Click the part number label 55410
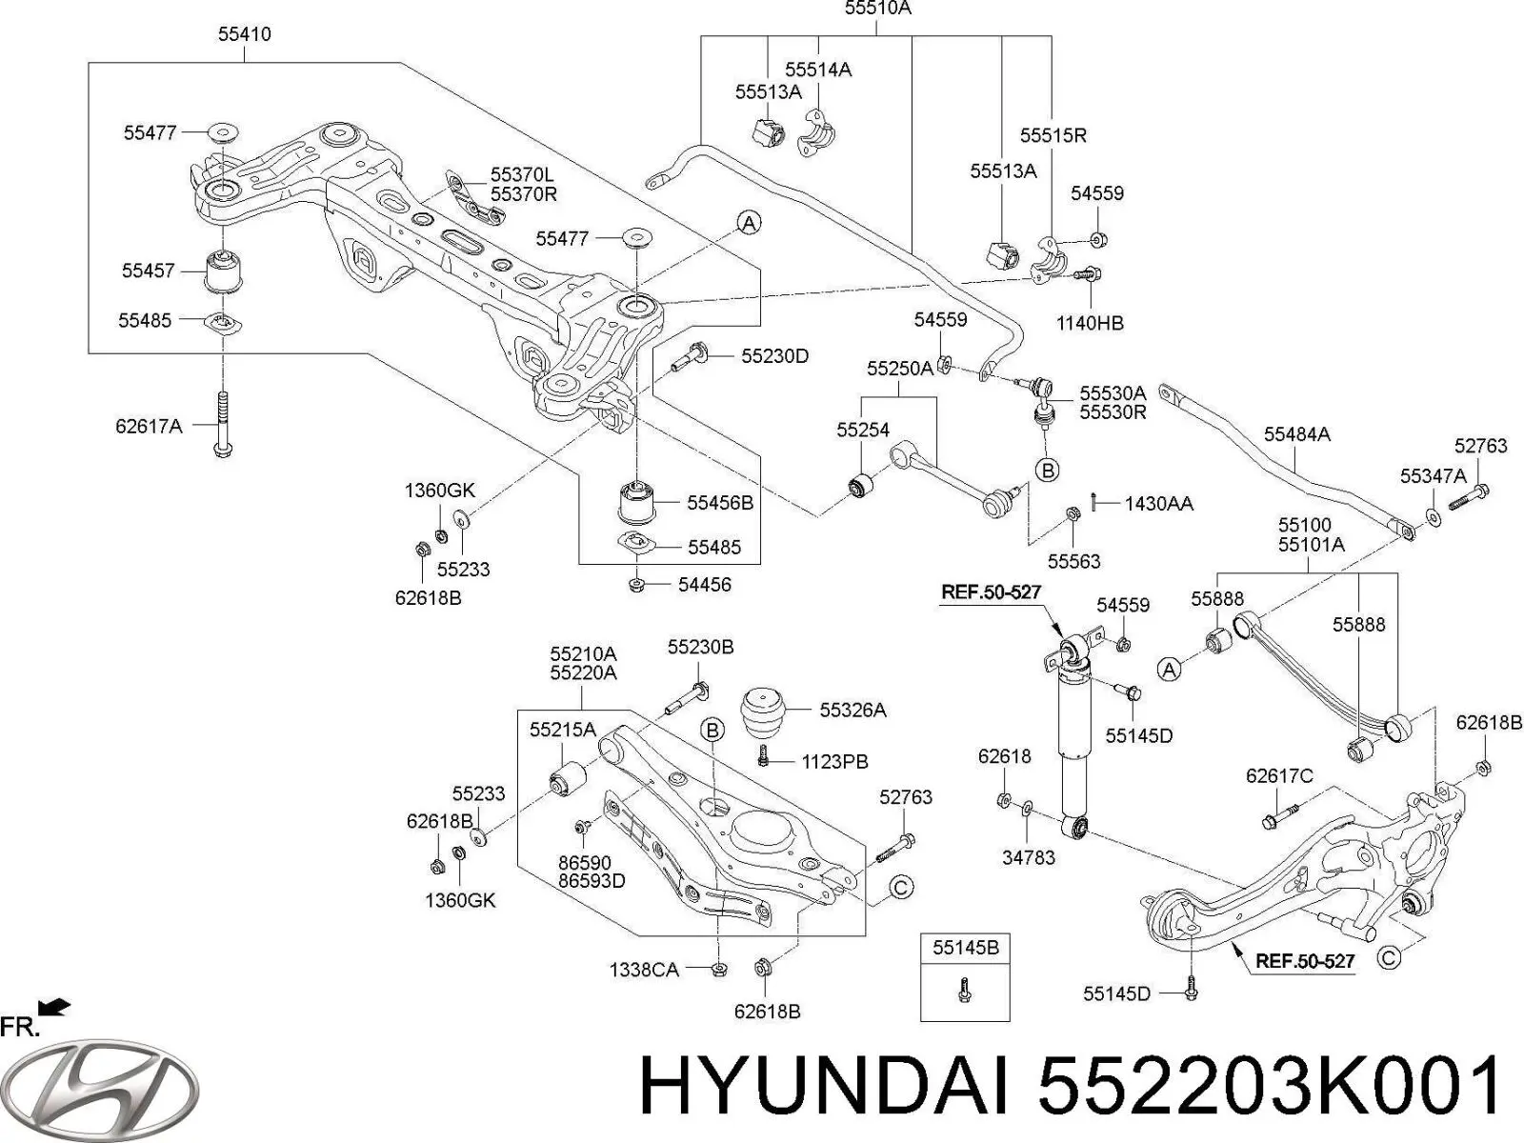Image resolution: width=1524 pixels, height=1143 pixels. point(245,34)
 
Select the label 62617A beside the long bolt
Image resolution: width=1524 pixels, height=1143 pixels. point(150,426)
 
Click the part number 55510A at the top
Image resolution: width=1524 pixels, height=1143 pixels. point(877,9)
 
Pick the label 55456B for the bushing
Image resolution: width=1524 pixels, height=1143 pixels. point(721,503)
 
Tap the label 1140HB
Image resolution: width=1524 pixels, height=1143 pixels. point(1090,323)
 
